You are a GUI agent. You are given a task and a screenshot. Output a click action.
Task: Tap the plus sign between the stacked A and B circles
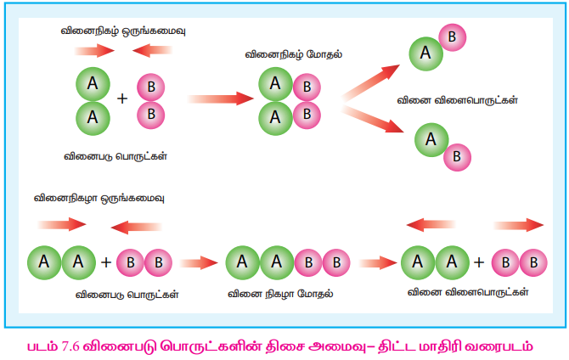[x=122, y=98]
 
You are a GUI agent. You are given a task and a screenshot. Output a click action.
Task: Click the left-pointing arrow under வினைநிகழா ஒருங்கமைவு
[x=137, y=226]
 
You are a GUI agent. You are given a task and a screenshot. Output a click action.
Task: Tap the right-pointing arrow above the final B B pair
[x=517, y=225]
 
